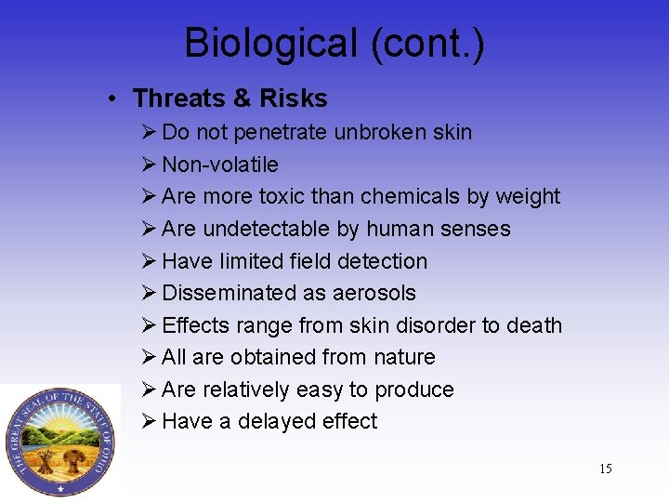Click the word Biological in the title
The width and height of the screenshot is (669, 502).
270,44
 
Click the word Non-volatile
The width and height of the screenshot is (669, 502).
220,165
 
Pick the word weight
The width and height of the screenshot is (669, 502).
527,197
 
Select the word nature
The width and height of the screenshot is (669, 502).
401,357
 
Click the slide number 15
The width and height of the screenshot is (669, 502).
605,469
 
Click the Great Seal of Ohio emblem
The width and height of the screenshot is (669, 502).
59,442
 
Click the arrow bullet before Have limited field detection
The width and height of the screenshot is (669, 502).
150,261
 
